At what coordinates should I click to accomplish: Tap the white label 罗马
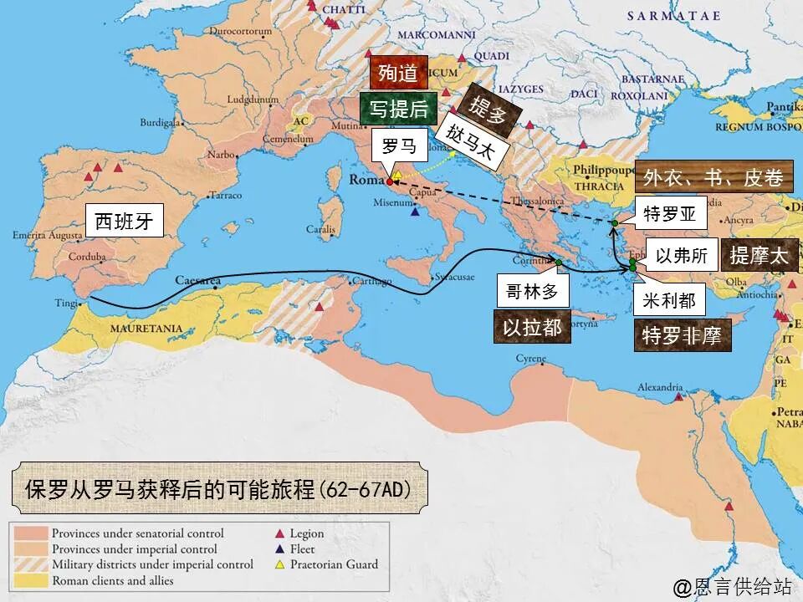pyautogui.click(x=398, y=145)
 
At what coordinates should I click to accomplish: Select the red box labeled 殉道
pyautogui.click(x=398, y=73)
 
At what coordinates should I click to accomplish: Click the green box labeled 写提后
pyautogui.click(x=398, y=109)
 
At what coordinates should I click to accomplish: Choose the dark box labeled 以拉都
pyautogui.click(x=532, y=327)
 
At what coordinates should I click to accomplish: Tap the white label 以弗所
pyautogui.click(x=682, y=256)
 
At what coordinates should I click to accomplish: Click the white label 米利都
pyautogui.click(x=668, y=299)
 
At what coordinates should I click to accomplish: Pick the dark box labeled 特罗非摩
pyautogui.click(x=681, y=335)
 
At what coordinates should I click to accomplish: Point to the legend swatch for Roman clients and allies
pyautogui.click(x=29, y=580)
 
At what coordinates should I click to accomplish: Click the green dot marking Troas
pyautogui.click(x=614, y=223)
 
